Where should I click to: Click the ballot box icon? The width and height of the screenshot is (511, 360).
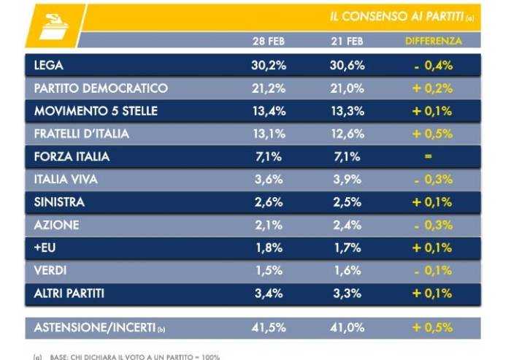pyautogui.click(x=51, y=26)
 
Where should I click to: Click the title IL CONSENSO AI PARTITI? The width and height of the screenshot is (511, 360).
pyautogui.click(x=394, y=17)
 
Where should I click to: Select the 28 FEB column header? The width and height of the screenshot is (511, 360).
pyautogui.click(x=268, y=41)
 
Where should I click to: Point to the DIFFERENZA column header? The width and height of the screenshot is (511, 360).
pyautogui.click(x=434, y=41)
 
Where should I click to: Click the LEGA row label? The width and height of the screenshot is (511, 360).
pyautogui.click(x=49, y=66)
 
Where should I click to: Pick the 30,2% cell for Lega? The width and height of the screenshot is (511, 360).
pyautogui.click(x=268, y=66)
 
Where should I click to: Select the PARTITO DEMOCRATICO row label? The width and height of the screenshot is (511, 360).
pyautogui.click(x=101, y=88)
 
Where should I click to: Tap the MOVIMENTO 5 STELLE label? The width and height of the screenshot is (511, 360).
pyautogui.click(x=96, y=111)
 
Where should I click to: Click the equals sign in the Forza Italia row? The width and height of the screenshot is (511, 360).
pyautogui.click(x=429, y=156)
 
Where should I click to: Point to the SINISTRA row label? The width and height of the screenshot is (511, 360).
pyautogui.click(x=59, y=202)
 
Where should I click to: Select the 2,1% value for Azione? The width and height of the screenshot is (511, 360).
pyautogui.click(x=268, y=224)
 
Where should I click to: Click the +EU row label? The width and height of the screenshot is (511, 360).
pyautogui.click(x=45, y=247)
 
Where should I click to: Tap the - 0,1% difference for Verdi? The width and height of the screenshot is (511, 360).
pyautogui.click(x=433, y=269)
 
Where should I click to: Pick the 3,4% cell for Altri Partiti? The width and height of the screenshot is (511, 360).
pyautogui.click(x=268, y=293)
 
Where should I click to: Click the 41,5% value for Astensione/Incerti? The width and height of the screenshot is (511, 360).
pyautogui.click(x=268, y=328)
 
